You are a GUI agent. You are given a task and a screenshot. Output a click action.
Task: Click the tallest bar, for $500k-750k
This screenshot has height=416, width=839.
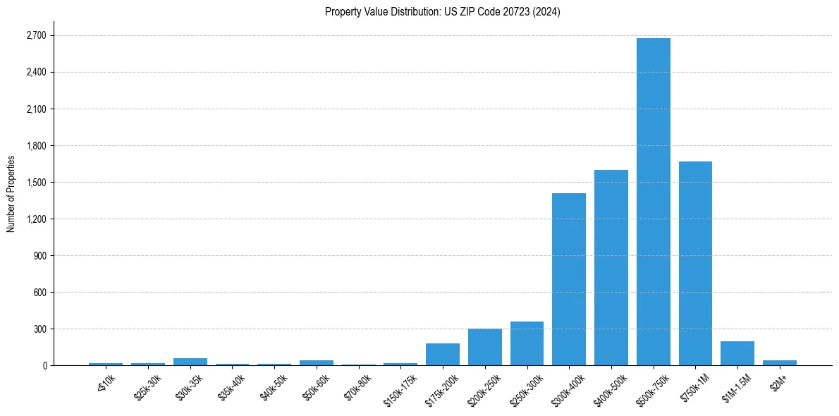653,202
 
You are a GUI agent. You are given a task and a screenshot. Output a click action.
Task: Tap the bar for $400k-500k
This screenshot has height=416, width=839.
611,268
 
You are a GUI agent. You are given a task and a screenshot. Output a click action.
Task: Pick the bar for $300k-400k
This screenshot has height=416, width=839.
569,279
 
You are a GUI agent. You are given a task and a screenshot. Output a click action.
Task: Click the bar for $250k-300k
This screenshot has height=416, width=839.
527,343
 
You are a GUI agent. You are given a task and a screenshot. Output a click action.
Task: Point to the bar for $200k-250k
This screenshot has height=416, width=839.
485,347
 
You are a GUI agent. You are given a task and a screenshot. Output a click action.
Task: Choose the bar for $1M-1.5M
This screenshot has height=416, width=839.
737,353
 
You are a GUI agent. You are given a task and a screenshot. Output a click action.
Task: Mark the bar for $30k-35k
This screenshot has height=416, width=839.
190,362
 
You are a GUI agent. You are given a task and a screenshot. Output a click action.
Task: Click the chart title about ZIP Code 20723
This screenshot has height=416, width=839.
443,12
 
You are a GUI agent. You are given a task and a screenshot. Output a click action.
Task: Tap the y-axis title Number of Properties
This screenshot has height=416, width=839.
11,194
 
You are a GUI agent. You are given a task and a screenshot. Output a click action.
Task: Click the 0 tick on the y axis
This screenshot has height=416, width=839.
44,366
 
